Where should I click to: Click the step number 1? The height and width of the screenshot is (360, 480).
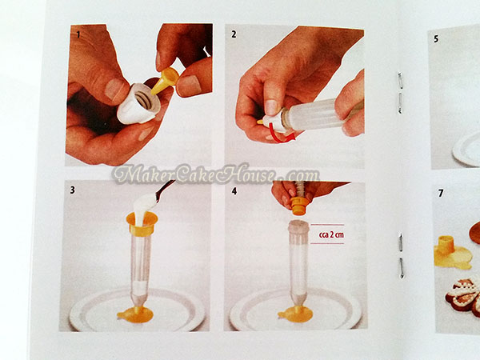coord(78,35)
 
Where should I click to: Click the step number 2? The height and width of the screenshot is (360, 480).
coord(234,34)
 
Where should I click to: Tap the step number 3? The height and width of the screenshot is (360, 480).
coord(73,190)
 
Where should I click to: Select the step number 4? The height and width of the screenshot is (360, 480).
coord(234,191)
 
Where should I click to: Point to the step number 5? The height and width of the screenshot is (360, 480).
coord(436,39)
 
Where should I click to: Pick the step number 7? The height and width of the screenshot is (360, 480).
coord(441,193)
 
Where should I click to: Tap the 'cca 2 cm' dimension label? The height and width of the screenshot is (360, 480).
coord(331,234)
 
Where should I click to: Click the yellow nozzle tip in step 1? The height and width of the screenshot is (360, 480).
coord(165,81)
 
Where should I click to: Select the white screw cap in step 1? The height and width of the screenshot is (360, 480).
coord(139,103)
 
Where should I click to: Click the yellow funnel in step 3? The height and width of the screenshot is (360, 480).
coord(142,223)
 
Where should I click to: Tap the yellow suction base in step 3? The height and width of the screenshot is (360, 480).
coord(135,314)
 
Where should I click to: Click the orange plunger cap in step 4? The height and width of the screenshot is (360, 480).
coord(298,206)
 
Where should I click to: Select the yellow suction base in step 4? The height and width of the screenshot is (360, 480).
coord(295,313)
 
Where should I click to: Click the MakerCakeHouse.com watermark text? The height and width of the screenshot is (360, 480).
coord(216,175)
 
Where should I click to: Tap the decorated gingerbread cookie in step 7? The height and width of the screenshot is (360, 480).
coord(463,293)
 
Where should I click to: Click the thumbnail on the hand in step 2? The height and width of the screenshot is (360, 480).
coord(271,107)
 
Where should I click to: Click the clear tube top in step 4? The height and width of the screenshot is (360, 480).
coord(298,227)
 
